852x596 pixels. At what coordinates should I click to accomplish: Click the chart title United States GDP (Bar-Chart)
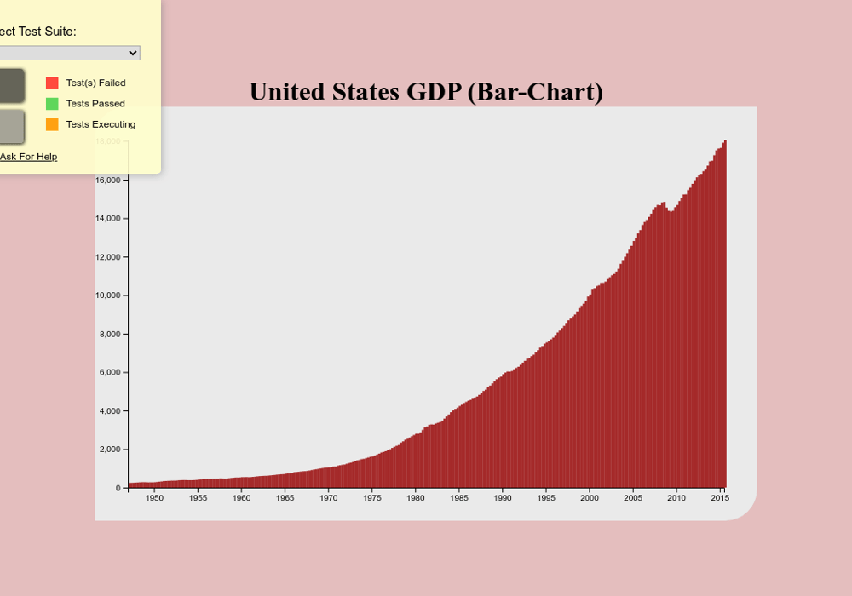(x=426, y=92)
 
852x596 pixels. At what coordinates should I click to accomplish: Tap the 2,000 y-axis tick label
(x=112, y=450)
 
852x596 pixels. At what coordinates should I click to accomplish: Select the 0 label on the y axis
(x=118, y=488)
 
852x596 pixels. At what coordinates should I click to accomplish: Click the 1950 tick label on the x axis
(x=154, y=498)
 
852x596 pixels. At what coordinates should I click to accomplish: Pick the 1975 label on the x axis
(x=372, y=498)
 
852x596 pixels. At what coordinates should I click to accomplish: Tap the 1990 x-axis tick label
(x=503, y=498)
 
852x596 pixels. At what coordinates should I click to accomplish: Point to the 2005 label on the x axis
(x=633, y=498)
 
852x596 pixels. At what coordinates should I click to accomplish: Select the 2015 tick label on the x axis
(x=720, y=498)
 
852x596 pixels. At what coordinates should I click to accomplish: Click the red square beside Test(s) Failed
(x=52, y=83)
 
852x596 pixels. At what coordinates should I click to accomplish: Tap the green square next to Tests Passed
(x=52, y=104)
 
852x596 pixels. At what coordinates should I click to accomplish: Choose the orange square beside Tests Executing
(x=52, y=124)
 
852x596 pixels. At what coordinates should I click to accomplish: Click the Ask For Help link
(x=28, y=157)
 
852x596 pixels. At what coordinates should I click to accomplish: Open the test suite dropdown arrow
(x=132, y=53)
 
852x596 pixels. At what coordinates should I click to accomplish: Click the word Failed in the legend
(x=111, y=83)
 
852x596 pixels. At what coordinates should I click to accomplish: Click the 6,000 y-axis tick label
(x=112, y=373)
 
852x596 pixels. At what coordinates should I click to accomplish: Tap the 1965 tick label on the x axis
(x=285, y=498)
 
